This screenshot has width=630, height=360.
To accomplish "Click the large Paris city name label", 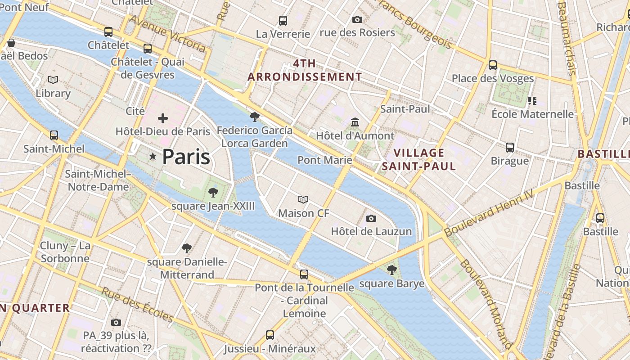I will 186,157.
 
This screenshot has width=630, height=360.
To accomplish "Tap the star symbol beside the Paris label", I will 153,157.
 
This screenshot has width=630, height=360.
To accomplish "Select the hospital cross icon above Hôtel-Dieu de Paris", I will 163,118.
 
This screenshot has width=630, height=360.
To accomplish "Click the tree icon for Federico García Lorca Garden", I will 255,117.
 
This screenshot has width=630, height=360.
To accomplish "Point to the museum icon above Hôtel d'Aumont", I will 355,122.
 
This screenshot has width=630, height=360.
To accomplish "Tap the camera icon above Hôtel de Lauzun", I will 371,218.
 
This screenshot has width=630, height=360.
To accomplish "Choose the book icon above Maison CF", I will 304,199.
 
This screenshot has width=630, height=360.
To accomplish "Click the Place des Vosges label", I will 493,78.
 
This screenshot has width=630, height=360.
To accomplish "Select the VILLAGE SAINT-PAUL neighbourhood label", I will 419,159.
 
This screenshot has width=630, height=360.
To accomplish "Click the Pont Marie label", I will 324,160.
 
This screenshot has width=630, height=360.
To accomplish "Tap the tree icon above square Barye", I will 392,270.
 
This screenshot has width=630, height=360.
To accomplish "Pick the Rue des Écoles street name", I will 137,305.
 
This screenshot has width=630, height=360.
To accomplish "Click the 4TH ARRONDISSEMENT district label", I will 305,70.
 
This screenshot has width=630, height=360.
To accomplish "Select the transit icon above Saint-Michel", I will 54,135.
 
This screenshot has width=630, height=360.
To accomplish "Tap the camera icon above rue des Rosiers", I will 357,19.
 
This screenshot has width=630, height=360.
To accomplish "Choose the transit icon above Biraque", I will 510,147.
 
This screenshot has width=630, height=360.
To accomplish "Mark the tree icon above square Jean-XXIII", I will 213,193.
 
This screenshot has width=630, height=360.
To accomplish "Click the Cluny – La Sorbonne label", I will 65,252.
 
